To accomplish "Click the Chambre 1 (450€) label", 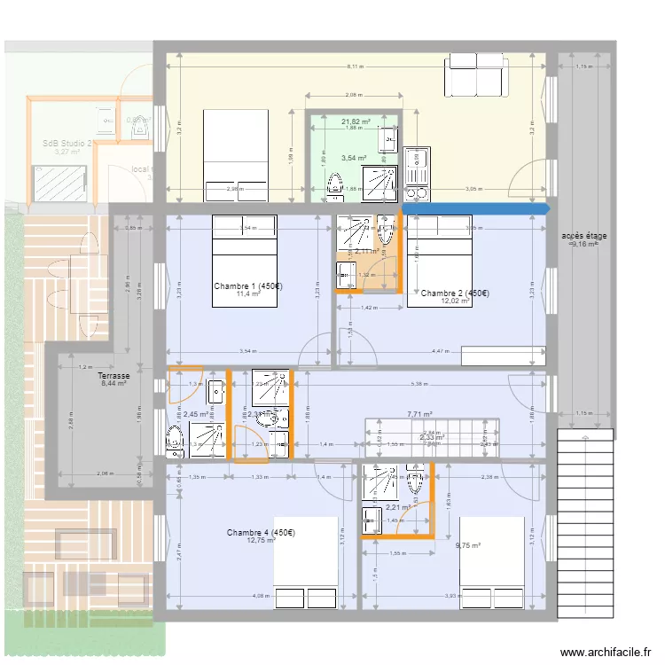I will [x=248, y=286].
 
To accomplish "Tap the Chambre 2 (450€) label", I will [x=456, y=293].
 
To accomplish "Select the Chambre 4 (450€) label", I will [x=261, y=533].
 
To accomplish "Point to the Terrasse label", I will [x=113, y=376].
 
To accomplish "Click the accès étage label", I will [x=583, y=236].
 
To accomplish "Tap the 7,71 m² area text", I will [x=419, y=414].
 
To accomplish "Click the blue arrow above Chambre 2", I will [x=476, y=209].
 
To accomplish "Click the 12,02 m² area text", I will [x=456, y=301].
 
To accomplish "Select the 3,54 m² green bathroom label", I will [x=354, y=159].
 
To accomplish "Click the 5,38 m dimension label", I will [x=419, y=384].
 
